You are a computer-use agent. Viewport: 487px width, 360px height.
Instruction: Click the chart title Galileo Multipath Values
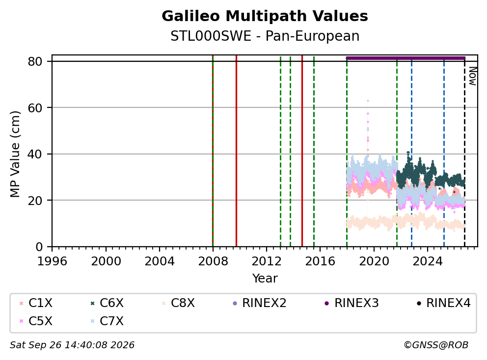265,16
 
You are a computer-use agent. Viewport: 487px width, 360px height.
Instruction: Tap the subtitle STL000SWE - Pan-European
265,36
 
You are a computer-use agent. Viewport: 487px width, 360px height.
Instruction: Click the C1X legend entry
36,303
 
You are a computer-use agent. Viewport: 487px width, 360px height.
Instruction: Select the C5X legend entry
36,321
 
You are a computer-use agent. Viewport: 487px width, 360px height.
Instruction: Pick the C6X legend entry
107,303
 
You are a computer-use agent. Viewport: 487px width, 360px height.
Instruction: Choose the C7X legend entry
107,321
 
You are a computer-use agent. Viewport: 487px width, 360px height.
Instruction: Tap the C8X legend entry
178,303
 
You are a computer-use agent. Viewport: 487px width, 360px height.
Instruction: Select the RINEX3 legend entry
352,303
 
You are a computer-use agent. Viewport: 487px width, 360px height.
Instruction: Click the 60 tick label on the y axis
35,108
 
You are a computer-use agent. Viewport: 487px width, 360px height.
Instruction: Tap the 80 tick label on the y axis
35,61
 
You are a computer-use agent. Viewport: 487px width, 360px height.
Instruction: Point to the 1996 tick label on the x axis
52,261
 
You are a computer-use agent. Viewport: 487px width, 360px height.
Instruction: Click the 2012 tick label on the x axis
267,261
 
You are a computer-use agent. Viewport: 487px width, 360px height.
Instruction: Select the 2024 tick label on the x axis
428,261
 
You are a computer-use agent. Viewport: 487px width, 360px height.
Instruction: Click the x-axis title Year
265,278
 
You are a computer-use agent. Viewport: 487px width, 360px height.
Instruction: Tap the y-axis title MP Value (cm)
15,154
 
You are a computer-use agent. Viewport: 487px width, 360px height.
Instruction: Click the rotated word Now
472,76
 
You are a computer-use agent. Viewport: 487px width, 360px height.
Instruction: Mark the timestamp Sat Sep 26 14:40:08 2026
72,345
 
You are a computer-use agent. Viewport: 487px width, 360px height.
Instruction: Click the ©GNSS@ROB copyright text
436,345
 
